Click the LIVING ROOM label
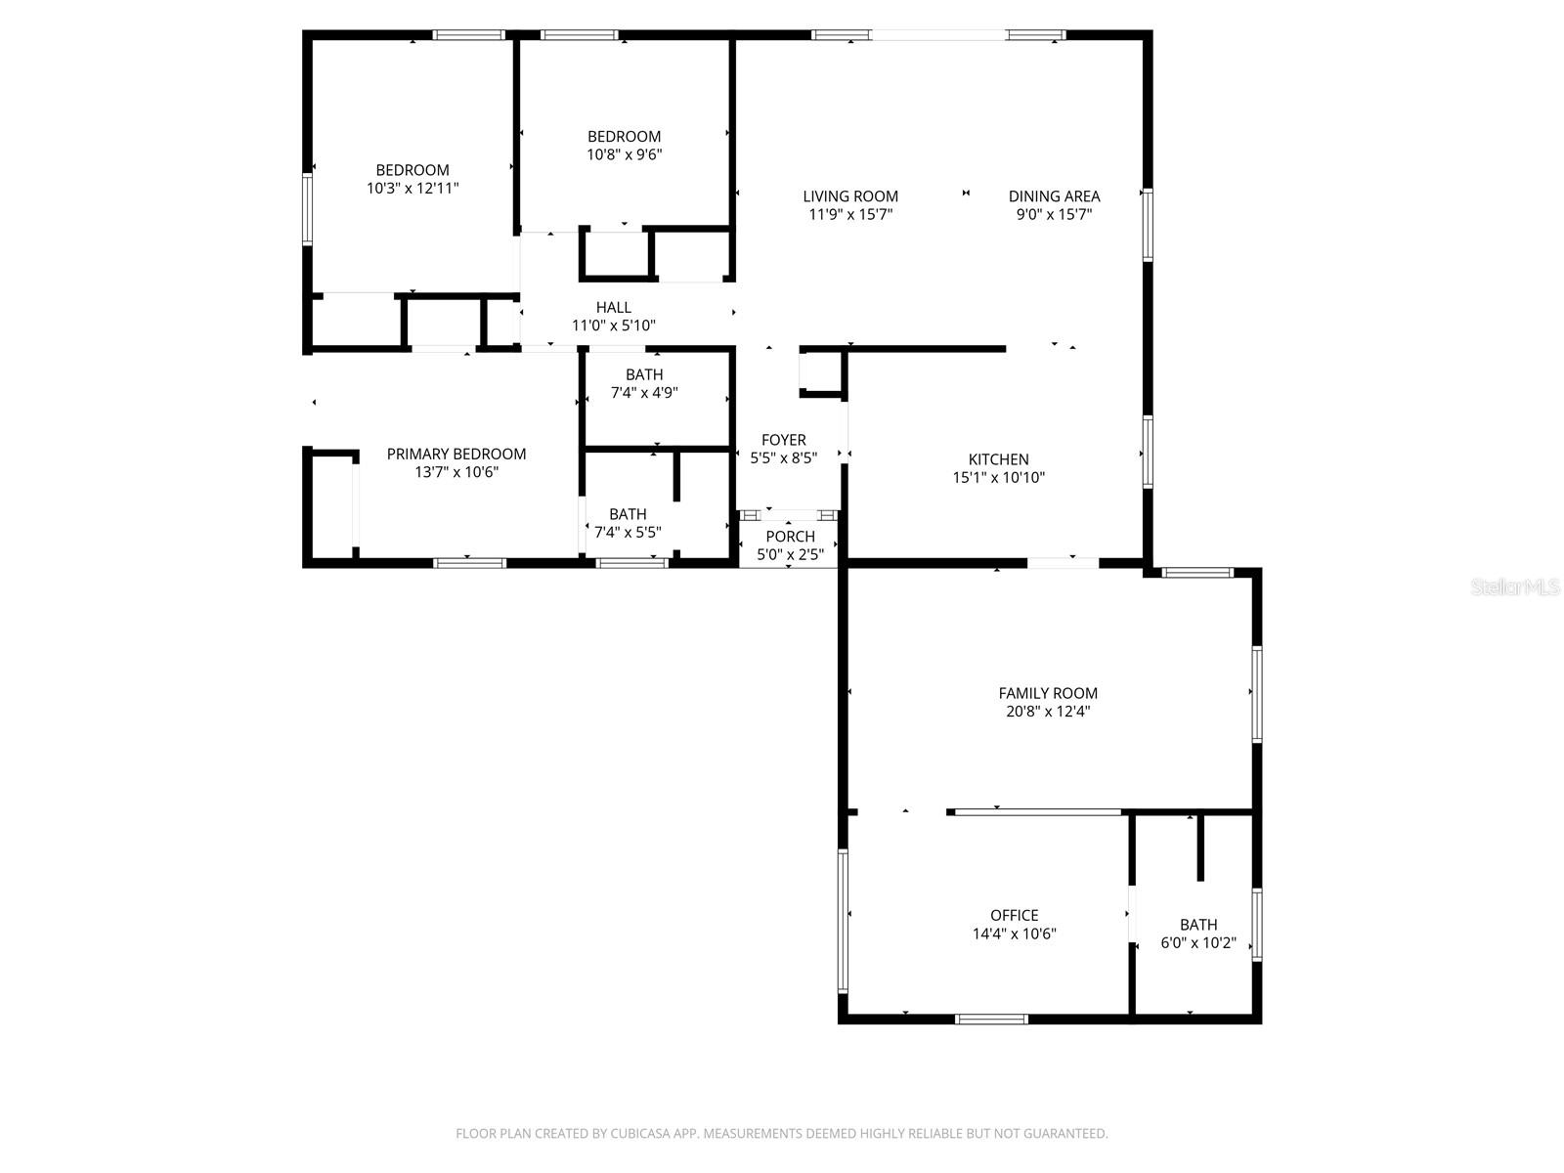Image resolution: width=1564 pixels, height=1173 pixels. click(850, 196)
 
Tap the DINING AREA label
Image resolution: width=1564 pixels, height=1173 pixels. click(1054, 196)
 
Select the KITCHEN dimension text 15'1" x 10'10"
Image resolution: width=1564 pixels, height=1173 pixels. click(998, 478)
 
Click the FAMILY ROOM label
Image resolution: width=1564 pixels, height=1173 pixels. click(1048, 693)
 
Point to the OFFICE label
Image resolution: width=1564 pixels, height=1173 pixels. click(1014, 915)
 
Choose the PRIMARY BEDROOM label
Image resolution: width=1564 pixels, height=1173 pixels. click(456, 454)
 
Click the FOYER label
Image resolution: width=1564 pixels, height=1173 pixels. click(783, 440)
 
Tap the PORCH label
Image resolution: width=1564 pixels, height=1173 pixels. click(790, 536)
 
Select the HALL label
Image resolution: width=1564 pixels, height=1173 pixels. click(613, 307)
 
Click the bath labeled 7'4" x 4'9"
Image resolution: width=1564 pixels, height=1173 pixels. click(644, 383)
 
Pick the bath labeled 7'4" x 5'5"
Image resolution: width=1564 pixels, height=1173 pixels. click(628, 523)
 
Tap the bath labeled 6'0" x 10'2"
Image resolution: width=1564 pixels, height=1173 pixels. click(1198, 934)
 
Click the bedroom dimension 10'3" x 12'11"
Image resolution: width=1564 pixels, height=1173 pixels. click(413, 188)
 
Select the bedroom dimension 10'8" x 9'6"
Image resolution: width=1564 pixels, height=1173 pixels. click(624, 154)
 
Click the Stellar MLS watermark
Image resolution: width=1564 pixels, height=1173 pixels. click(1514, 587)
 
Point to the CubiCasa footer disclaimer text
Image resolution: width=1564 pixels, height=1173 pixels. click(781, 1134)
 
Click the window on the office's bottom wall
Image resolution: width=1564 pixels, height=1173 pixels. click(991, 1019)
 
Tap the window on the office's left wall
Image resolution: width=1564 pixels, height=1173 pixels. click(843, 921)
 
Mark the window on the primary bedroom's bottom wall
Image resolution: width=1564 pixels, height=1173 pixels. click(469, 562)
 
